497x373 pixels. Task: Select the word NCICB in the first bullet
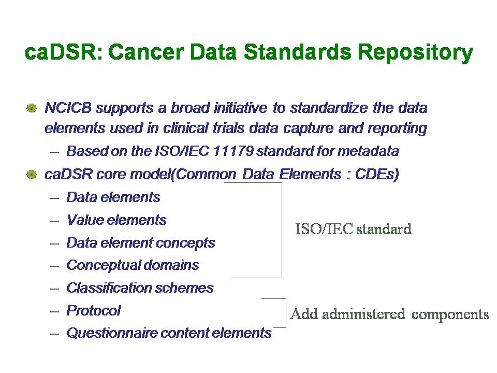click(x=68, y=108)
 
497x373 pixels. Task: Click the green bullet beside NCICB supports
click(x=32, y=108)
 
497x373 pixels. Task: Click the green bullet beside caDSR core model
click(x=32, y=174)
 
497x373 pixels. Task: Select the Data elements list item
click(x=113, y=197)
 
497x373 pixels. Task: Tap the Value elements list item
click(x=116, y=220)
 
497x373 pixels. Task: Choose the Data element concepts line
click(x=141, y=243)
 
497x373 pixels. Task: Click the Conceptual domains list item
click(x=133, y=266)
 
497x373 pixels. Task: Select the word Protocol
click(x=94, y=311)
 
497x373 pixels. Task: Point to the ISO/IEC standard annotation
click(x=354, y=229)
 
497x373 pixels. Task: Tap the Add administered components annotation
click(x=389, y=314)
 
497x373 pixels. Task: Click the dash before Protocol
click(x=54, y=311)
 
